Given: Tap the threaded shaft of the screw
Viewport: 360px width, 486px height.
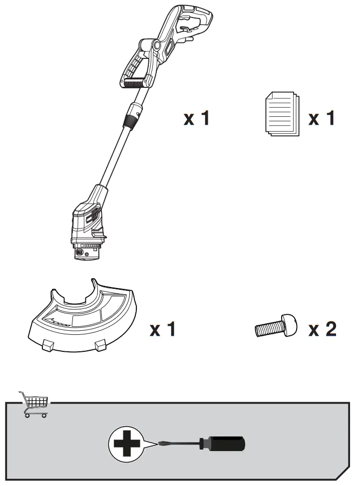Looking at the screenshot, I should pos(267,329).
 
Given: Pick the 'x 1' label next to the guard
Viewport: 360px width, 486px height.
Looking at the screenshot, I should pos(163,329).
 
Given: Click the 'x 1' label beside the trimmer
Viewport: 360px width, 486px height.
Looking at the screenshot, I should pos(196,119).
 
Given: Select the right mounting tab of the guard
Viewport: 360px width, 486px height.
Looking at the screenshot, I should pos(100,344).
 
